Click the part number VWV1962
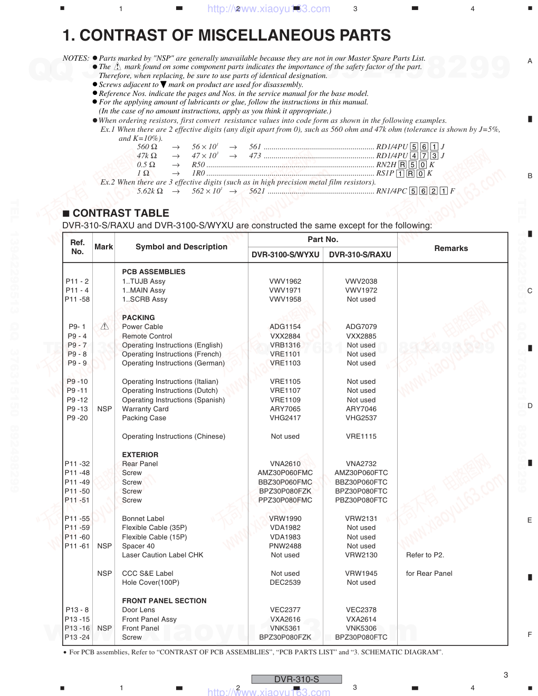(x=285, y=281)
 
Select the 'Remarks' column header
(x=451, y=248)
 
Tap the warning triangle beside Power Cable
(x=104, y=326)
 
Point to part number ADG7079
(x=361, y=326)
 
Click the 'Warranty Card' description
(x=145, y=409)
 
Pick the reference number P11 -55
(x=78, y=518)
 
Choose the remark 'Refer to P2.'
(x=425, y=555)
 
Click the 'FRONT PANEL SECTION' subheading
(x=164, y=601)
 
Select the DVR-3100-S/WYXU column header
(x=285, y=254)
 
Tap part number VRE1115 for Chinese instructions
(x=361, y=436)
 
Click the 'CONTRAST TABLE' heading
(x=121, y=213)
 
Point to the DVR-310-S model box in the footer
(x=296, y=679)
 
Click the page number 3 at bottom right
(x=506, y=674)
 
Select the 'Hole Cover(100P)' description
(x=150, y=582)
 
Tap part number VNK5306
(x=361, y=628)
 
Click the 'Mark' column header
(x=104, y=247)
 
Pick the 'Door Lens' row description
(x=138, y=610)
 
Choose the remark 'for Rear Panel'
(x=429, y=573)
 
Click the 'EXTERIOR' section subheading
(x=140, y=455)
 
